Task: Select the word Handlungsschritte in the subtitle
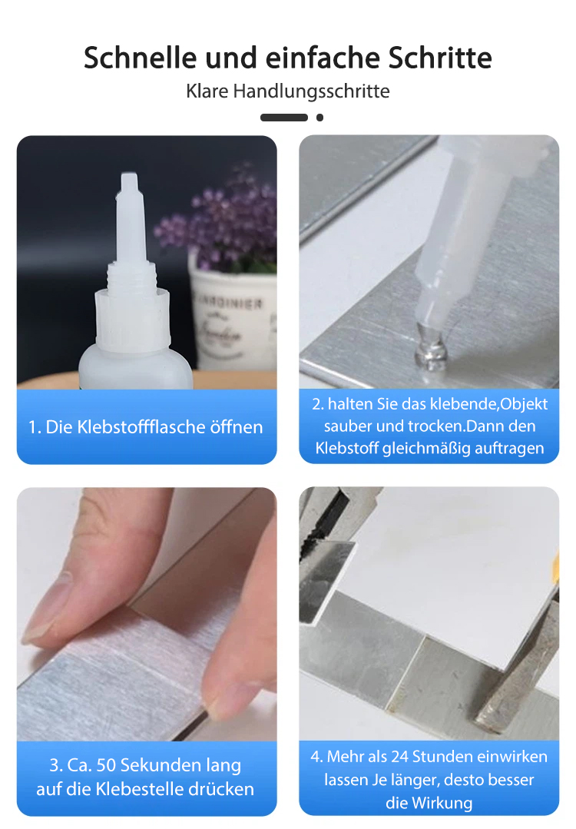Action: tap(311, 91)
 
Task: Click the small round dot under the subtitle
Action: tap(319, 118)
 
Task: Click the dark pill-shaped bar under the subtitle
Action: tap(283, 118)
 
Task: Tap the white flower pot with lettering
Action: tap(233, 317)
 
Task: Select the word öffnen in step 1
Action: tap(237, 426)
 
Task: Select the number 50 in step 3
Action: tap(106, 765)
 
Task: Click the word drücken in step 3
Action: tap(221, 789)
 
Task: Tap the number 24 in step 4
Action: tap(400, 757)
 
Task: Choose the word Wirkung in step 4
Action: tap(442, 803)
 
